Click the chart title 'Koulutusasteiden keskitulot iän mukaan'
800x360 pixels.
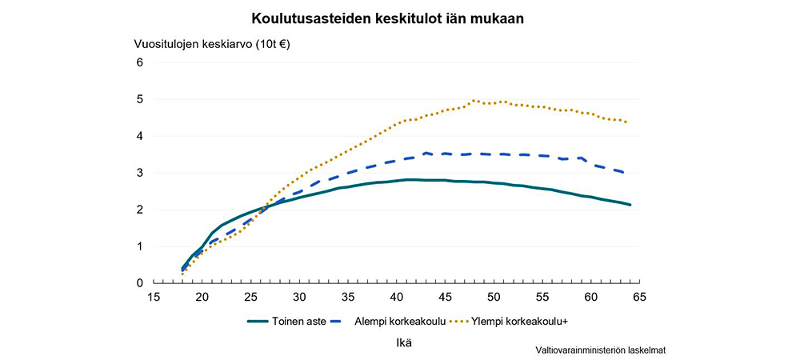pos(388,18)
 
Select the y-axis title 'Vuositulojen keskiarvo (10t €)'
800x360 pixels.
pos(211,44)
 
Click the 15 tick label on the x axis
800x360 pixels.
pos(154,297)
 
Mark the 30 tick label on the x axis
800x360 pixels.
pos(299,297)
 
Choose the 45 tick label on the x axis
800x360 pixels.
pos(446,297)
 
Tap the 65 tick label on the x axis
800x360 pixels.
pos(640,297)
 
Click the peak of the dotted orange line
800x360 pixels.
pos(474,101)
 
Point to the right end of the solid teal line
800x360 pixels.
pos(630,205)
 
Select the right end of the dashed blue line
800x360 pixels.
pos(624,172)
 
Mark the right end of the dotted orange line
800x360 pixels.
pos(626,122)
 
